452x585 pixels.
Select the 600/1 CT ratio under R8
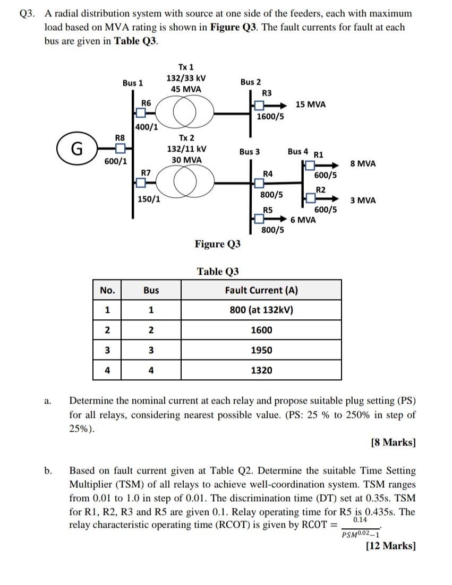pyautogui.click(x=116, y=162)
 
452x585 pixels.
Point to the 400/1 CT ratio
pyautogui.click(x=146, y=127)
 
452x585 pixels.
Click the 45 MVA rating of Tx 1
pyautogui.click(x=186, y=89)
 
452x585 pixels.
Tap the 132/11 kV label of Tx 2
pyautogui.click(x=186, y=149)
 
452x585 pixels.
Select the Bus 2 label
pyautogui.click(x=250, y=82)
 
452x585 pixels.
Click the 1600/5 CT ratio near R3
pyautogui.click(x=270, y=116)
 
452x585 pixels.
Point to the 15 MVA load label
pyautogui.click(x=311, y=104)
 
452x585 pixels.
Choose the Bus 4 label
pyautogui.click(x=298, y=152)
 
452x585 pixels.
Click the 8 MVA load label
pyautogui.click(x=363, y=163)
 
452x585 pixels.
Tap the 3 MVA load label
pyautogui.click(x=363, y=200)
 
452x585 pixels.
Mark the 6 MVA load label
pyautogui.click(x=303, y=220)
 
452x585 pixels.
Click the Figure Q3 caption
pyautogui.click(x=217, y=244)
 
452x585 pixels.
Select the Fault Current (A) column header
pyautogui.click(x=261, y=290)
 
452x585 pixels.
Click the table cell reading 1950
pyautogui.click(x=261, y=350)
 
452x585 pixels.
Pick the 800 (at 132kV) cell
pyautogui.click(x=261, y=310)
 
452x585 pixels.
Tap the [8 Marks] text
pyautogui.click(x=393, y=442)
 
